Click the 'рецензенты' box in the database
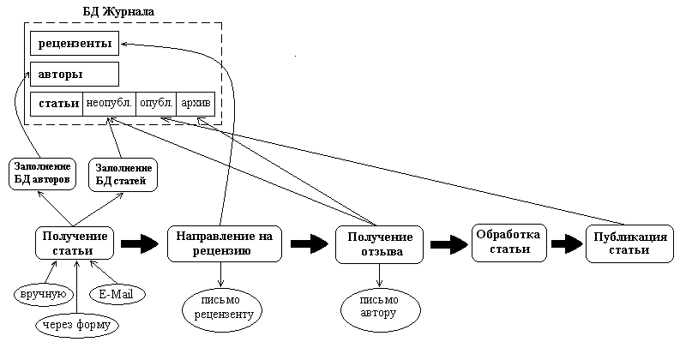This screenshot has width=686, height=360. point(74,43)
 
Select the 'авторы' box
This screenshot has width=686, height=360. point(74,74)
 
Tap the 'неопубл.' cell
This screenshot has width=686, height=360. point(109,104)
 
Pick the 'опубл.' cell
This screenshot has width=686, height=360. point(156,104)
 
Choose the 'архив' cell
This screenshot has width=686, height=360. point(195,104)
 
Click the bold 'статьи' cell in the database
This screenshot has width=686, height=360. point(57,104)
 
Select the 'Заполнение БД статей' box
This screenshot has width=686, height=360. point(121,174)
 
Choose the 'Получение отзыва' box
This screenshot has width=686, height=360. point(378,244)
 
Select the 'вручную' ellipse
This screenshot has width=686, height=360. point(42,295)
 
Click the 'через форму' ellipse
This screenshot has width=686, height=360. point(77,324)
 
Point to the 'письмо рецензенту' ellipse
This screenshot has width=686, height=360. point(222,309)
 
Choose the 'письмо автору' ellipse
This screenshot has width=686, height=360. point(379,306)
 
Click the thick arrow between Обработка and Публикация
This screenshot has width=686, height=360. point(567,244)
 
